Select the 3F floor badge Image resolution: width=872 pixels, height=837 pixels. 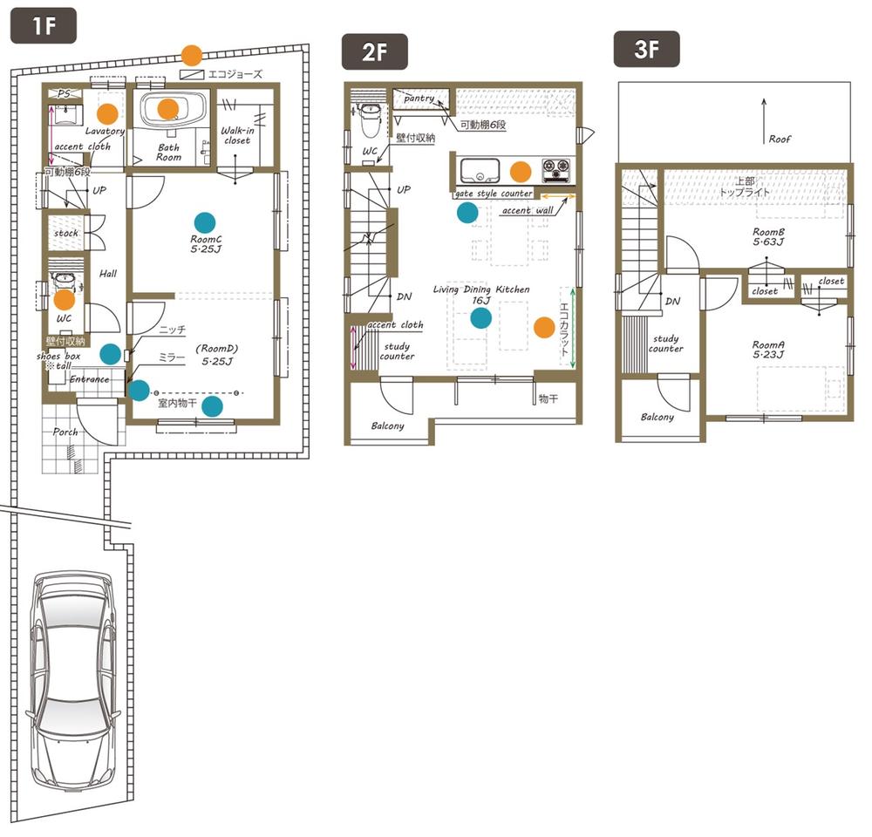(x=645, y=50)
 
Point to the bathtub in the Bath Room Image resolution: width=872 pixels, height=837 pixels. (x=174, y=110)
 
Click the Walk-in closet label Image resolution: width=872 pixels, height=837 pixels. (x=236, y=135)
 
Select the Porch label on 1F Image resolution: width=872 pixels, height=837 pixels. (x=65, y=432)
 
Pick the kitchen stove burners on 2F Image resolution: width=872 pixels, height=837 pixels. (x=555, y=166)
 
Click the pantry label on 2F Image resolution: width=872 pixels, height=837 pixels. (x=419, y=99)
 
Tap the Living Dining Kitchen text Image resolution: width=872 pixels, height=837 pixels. (x=481, y=289)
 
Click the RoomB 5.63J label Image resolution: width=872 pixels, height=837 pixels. (x=769, y=237)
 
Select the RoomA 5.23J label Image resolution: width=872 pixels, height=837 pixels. (x=769, y=349)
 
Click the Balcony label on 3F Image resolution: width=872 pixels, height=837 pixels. (x=657, y=417)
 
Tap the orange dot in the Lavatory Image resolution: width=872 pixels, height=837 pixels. (x=107, y=112)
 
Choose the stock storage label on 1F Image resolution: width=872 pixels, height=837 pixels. (x=66, y=234)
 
